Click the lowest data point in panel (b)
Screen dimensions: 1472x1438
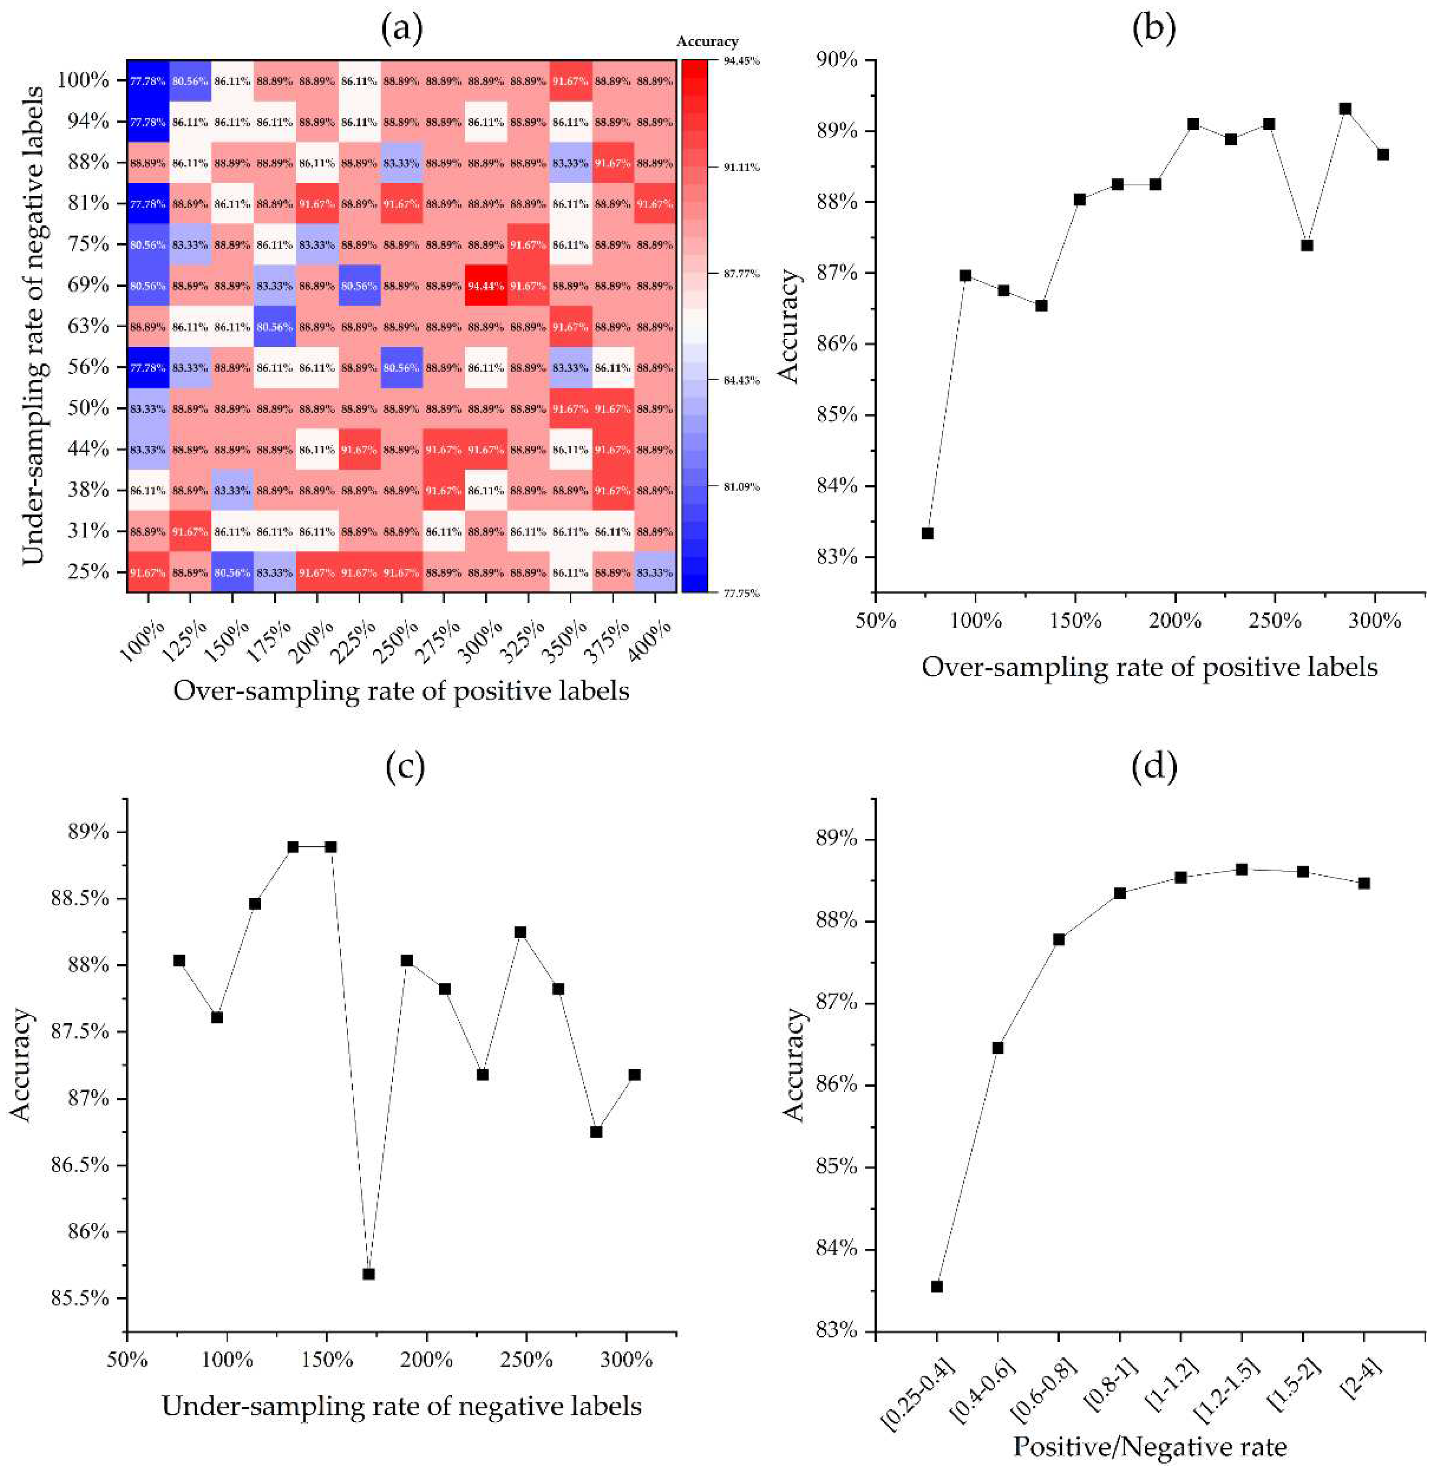pyautogui.click(x=927, y=533)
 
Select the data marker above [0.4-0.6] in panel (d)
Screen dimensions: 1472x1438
pyautogui.click(x=998, y=1048)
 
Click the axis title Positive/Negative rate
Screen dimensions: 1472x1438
pyautogui.click(x=1150, y=1446)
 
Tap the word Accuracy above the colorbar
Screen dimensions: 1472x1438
pyautogui.click(x=707, y=42)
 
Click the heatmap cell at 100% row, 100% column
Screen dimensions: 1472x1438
pyautogui.click(x=147, y=80)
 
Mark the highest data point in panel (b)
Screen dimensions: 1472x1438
pyautogui.click(x=1345, y=109)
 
